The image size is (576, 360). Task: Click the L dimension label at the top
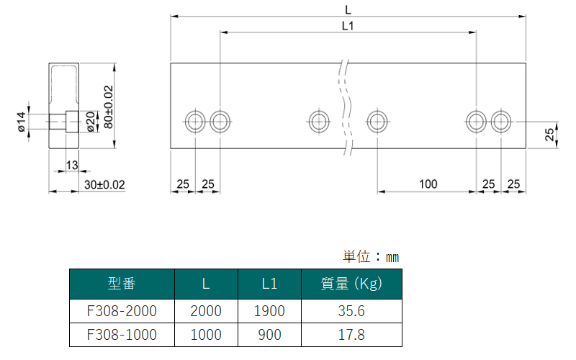point(348,10)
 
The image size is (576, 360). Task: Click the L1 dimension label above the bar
point(348,26)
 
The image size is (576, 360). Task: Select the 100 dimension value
point(428,184)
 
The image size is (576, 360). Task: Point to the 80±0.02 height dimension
point(109,107)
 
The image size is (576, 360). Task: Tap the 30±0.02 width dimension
point(104,184)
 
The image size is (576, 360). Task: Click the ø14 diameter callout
point(21,122)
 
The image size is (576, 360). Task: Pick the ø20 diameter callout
point(91,122)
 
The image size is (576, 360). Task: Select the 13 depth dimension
point(72,166)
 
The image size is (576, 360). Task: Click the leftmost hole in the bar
point(195,122)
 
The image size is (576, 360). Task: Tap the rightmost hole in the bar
point(500,122)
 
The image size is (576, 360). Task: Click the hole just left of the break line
point(319,122)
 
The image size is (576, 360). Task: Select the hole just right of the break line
point(377,122)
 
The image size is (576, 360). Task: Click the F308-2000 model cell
point(122,311)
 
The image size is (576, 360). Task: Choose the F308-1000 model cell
point(122,335)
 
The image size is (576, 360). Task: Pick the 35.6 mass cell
point(351,311)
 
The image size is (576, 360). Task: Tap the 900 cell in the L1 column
point(269,335)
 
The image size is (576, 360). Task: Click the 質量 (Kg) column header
point(351,284)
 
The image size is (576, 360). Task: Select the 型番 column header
point(122,284)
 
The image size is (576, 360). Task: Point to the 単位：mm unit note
point(371,257)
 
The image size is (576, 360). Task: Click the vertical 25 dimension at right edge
point(549,135)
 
